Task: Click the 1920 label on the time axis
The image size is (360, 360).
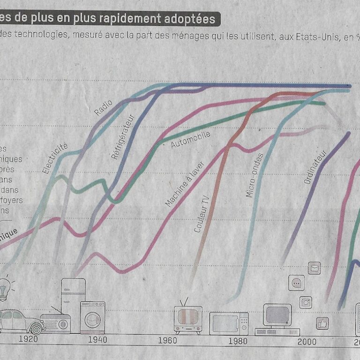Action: (29, 339)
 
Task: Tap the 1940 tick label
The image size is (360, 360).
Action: (97, 339)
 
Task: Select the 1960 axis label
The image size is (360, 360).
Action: (167, 340)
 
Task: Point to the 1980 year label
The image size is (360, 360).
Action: (238, 341)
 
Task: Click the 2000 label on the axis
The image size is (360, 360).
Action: (307, 341)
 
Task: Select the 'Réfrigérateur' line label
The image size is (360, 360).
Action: (122, 136)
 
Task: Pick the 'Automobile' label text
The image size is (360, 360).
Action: (190, 140)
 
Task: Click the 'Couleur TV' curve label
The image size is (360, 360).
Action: (201, 215)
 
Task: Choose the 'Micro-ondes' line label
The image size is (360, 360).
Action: (255, 175)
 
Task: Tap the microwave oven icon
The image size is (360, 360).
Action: (229, 323)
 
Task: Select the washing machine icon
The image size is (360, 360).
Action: (92, 317)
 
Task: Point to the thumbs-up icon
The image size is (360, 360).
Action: (322, 323)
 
